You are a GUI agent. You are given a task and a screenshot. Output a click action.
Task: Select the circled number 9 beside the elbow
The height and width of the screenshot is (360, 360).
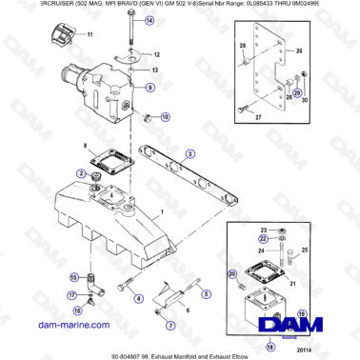150,87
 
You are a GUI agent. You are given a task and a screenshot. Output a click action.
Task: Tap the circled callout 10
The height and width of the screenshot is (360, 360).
166,117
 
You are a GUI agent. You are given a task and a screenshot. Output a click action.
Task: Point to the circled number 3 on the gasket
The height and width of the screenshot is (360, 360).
190,153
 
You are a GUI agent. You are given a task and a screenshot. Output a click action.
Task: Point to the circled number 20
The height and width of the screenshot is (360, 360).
232,273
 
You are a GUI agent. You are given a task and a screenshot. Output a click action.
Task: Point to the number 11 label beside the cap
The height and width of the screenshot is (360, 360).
91,34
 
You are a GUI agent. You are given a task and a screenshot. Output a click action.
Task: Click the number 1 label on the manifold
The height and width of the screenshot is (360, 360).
163,210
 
